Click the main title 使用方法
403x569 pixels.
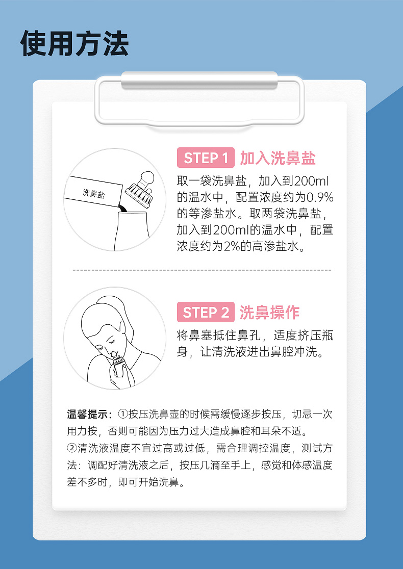(74, 43)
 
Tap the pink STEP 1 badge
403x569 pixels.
(206, 158)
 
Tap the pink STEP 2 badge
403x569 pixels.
(206, 312)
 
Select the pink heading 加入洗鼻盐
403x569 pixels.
(278, 158)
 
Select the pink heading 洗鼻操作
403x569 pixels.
(269, 313)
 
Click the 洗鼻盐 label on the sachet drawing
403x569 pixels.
(94, 193)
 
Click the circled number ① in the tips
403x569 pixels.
(123, 414)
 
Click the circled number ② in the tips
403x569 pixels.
(72, 448)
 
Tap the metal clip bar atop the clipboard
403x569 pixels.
(199, 80)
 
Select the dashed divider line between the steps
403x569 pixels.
(202, 270)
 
